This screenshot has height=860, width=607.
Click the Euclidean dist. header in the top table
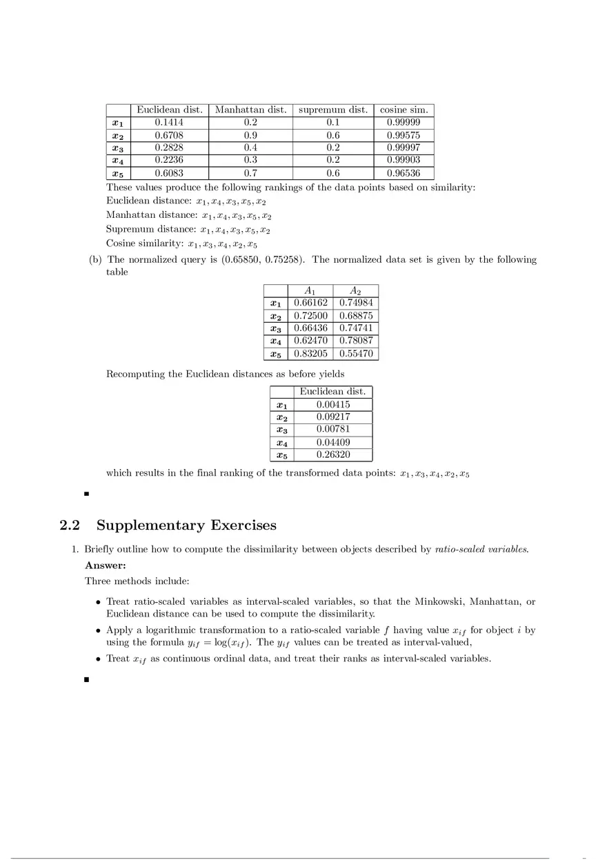pyautogui.click(x=170, y=110)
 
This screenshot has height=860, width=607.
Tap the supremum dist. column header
pyautogui.click(x=332, y=110)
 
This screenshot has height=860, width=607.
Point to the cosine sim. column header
pyautogui.click(x=404, y=110)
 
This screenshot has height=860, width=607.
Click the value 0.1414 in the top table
pyautogui.click(x=169, y=123)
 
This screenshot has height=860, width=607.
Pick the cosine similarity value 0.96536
pyautogui.click(x=404, y=173)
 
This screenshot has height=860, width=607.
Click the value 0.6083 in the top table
pyautogui.click(x=169, y=173)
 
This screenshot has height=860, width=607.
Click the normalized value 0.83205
pyautogui.click(x=310, y=354)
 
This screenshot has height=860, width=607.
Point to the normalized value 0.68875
pyautogui.click(x=356, y=316)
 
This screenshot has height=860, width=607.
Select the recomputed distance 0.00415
pyautogui.click(x=332, y=404)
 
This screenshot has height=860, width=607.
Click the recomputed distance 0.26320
pyautogui.click(x=332, y=455)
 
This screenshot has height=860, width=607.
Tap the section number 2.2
pyautogui.click(x=70, y=526)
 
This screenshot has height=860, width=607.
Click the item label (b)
pyautogui.click(x=95, y=260)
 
